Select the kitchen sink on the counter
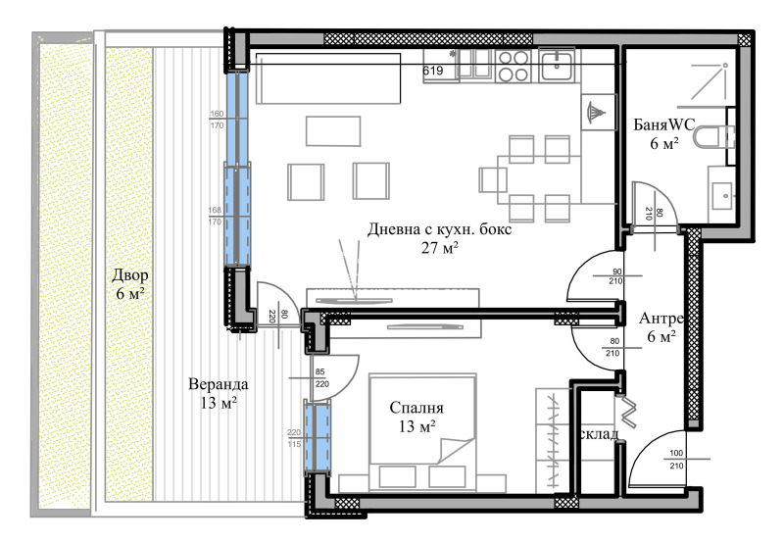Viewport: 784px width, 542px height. [559, 66]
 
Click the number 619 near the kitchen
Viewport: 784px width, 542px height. [433, 71]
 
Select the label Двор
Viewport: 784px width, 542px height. [129, 274]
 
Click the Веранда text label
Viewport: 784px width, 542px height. [218, 384]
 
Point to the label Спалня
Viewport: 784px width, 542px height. [416, 408]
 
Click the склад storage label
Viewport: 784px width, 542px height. [600, 434]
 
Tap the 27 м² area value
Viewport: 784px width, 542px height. [439, 249]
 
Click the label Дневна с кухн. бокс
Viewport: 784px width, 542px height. [439, 230]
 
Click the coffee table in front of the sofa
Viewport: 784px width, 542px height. [332, 130]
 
